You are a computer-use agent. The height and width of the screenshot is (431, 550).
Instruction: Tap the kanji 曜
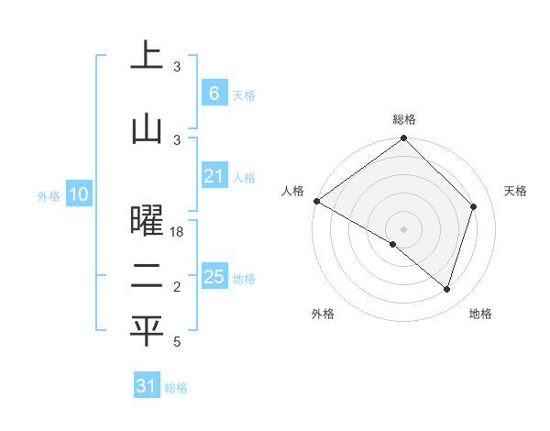(147, 222)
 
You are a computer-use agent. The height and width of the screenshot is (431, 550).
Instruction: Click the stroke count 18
(178, 233)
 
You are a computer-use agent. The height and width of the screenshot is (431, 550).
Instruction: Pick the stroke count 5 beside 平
(178, 341)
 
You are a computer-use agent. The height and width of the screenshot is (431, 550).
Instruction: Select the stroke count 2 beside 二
(178, 288)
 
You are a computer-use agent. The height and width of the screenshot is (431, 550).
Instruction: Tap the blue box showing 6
(214, 93)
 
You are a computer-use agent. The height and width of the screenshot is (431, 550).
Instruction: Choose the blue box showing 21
(214, 176)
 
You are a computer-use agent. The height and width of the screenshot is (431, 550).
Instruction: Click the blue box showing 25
(214, 277)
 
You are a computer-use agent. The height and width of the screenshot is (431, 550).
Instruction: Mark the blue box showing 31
(147, 386)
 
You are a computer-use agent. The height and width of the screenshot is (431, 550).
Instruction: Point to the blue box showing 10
(78, 194)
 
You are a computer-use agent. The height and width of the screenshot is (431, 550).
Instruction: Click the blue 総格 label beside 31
(176, 388)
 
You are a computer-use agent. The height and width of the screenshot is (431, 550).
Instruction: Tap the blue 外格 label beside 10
(48, 195)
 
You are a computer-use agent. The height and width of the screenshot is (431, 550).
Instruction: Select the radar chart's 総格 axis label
(403, 119)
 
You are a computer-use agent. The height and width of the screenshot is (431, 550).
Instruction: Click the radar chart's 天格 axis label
(515, 191)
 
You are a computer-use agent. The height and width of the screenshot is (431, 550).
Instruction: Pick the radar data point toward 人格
(316, 201)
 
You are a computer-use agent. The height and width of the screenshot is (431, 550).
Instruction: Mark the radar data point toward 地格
(446, 289)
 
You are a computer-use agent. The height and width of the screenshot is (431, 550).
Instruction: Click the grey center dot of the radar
(403, 228)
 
